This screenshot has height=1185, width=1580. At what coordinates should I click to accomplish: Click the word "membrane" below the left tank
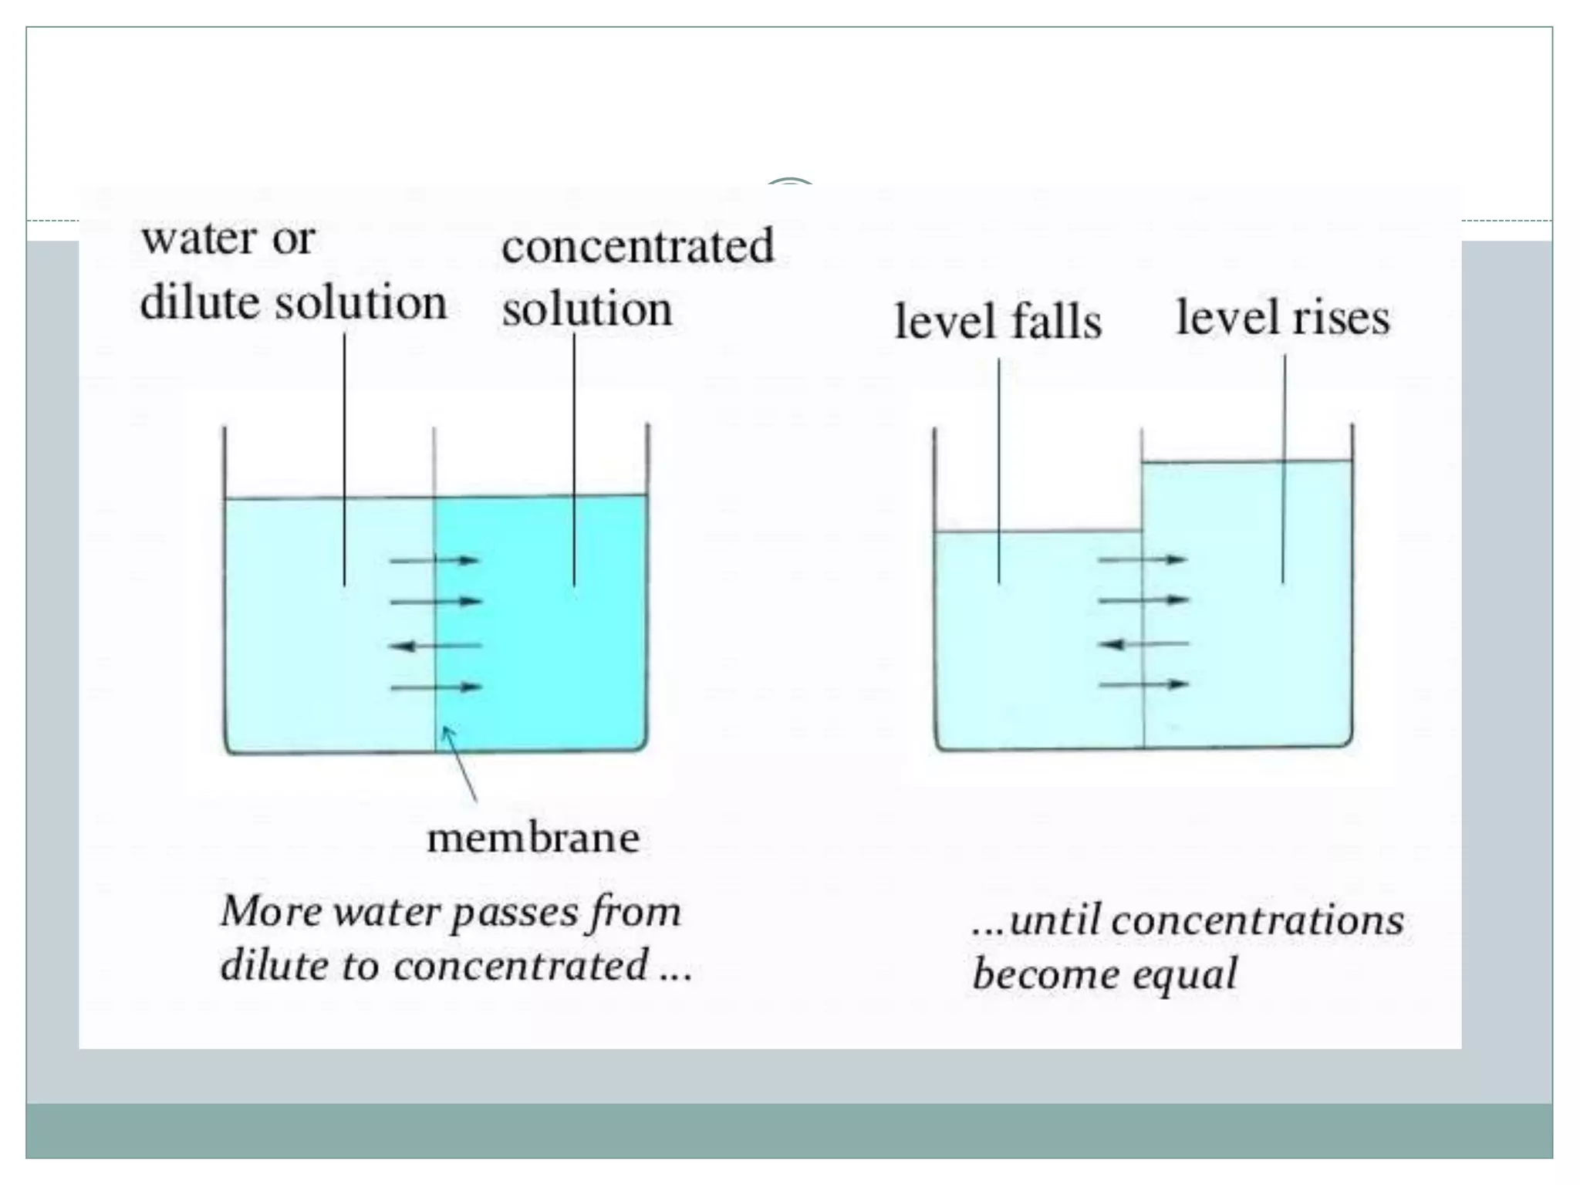click(533, 838)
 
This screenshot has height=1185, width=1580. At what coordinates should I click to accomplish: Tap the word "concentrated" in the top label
click(637, 246)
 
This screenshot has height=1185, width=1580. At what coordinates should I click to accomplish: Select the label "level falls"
click(998, 320)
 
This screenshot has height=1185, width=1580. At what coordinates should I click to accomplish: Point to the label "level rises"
click(1282, 317)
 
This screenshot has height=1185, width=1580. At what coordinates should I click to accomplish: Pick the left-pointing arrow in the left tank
click(435, 646)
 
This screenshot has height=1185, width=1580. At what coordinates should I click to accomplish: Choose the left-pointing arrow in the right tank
click(1143, 643)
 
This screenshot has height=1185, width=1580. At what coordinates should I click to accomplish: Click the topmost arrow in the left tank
click(435, 560)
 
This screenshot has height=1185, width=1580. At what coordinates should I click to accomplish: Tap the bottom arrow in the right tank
click(1143, 684)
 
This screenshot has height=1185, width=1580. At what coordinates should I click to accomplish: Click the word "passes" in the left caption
click(513, 913)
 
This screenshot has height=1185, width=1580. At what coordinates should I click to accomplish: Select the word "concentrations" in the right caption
click(1257, 920)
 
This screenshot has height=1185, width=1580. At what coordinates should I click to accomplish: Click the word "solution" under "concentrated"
click(587, 309)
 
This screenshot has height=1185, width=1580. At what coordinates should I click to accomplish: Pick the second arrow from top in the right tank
click(1143, 599)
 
